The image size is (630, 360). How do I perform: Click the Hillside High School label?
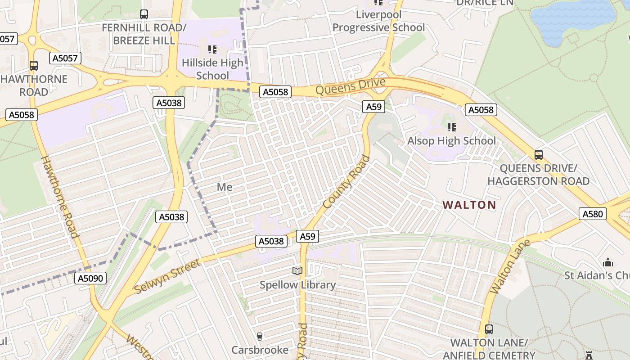click(212, 69)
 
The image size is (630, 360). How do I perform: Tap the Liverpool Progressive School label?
click(378, 21)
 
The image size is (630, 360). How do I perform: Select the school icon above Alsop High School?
click(452, 127)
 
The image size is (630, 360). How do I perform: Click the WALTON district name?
click(469, 205)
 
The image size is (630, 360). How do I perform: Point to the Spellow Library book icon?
click(297, 271)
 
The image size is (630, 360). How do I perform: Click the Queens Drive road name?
click(351, 86)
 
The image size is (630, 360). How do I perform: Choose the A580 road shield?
click(592, 214)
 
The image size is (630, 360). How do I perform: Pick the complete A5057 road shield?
click(65, 58)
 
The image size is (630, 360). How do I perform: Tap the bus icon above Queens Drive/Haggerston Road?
click(538, 155)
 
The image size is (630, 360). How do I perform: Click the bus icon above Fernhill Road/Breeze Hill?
click(144, 14)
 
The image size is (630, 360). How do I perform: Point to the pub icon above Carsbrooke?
click(259, 336)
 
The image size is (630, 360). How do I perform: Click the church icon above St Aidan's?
click(608, 262)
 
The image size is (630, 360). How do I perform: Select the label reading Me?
click(225, 187)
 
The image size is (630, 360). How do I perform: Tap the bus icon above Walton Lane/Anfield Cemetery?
click(489, 329)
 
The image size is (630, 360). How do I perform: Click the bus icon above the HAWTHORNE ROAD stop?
click(34, 66)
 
